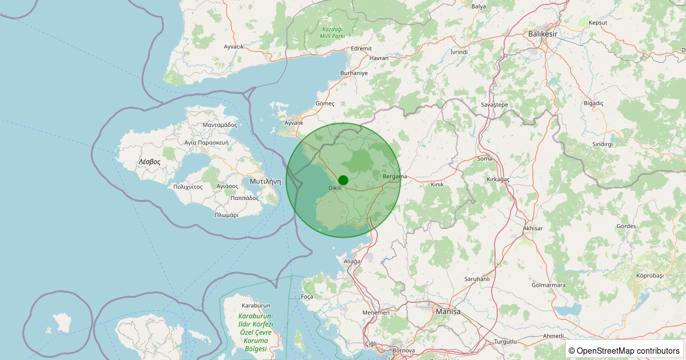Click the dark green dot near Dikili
click(343, 179)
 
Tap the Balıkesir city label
click(542, 34)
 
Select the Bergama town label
click(395, 177)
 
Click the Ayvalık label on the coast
click(294, 123)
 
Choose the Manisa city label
click(448, 311)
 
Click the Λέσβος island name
click(149, 162)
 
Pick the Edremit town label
click(361, 49)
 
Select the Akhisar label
click(533, 229)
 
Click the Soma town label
click(484, 158)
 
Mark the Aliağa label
click(352, 261)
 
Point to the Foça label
click(307, 297)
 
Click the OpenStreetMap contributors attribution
click(624, 350)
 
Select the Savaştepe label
click(494, 105)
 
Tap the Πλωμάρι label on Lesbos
click(226, 215)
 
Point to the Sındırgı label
click(603, 145)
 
